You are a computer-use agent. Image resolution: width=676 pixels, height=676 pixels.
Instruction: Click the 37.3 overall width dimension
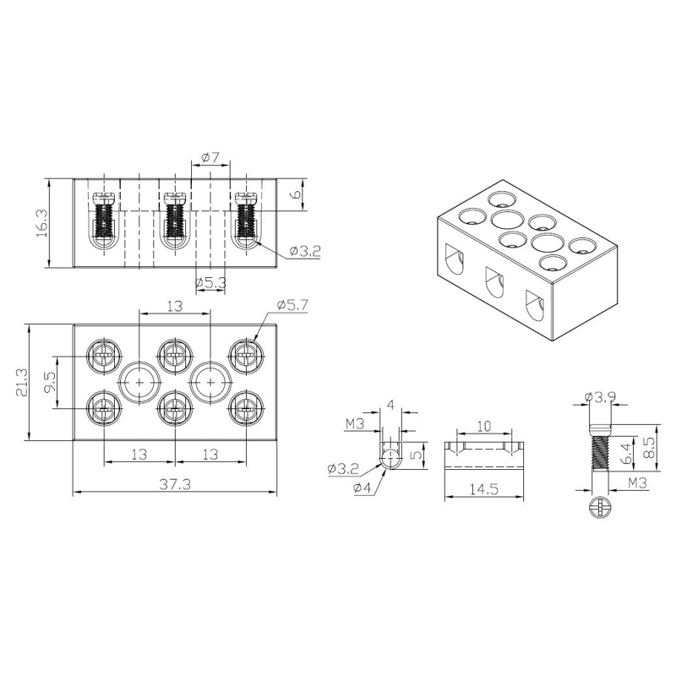(175, 484)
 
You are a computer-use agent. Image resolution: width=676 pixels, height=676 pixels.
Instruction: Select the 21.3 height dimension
(21, 383)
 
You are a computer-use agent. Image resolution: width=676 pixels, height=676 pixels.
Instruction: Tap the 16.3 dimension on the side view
(41, 224)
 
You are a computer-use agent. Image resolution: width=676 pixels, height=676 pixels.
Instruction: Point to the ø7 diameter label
(210, 158)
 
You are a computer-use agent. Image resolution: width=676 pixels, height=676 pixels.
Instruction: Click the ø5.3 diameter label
(210, 283)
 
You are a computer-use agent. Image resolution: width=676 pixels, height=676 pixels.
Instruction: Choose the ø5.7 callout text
(292, 305)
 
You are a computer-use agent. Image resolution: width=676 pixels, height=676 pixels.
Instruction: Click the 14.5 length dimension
(483, 489)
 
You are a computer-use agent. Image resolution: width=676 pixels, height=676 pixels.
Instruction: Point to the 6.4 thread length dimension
(629, 455)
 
